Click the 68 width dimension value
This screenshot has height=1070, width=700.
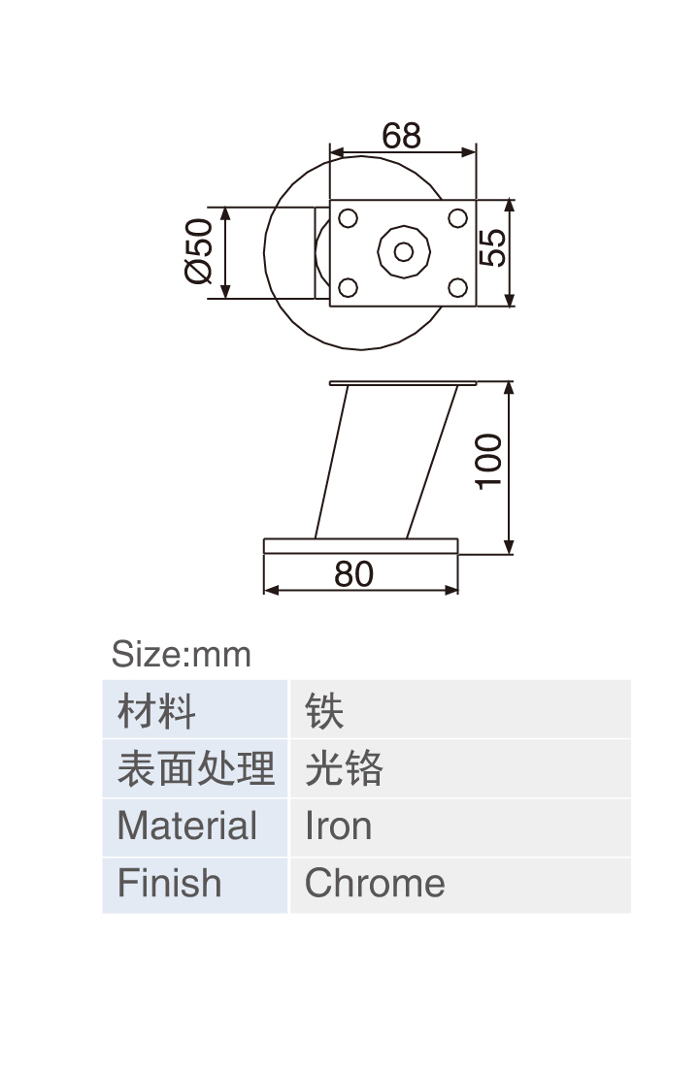tap(402, 135)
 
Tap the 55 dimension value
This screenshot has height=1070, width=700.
tap(492, 247)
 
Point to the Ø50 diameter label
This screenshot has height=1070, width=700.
tap(199, 251)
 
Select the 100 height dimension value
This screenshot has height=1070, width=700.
tap(488, 462)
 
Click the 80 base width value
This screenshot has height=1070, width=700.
tap(353, 574)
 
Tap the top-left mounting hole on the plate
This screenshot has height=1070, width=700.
tap(349, 218)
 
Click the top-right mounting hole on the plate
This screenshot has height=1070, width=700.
tap(457, 218)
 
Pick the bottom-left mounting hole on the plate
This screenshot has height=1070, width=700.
tap(349, 287)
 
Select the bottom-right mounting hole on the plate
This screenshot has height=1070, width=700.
tap(457, 287)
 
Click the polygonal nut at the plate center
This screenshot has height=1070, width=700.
tap(404, 252)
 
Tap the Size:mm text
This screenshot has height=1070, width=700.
tap(182, 655)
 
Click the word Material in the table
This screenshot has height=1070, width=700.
tap(187, 826)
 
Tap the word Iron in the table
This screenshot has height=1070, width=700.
tap(338, 826)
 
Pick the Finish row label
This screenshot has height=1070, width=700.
tap(169, 883)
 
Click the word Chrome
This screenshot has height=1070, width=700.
tap(375, 883)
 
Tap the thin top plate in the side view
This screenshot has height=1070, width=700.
tap(403, 383)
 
